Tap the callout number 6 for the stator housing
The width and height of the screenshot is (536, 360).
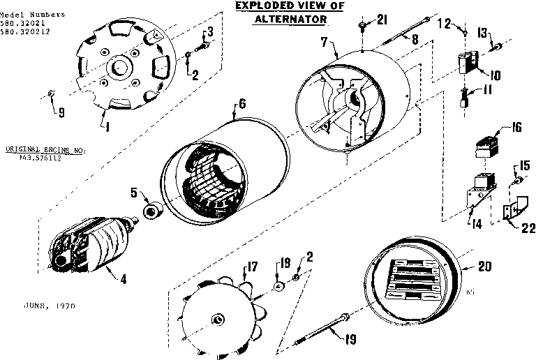click(241, 103)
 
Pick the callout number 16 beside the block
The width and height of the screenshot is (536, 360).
click(516, 127)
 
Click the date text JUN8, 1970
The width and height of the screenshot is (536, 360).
click(50, 306)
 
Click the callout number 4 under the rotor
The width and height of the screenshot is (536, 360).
click(123, 280)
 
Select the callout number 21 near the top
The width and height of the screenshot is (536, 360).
click(381, 21)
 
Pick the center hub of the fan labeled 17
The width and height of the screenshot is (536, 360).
click(218, 320)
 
